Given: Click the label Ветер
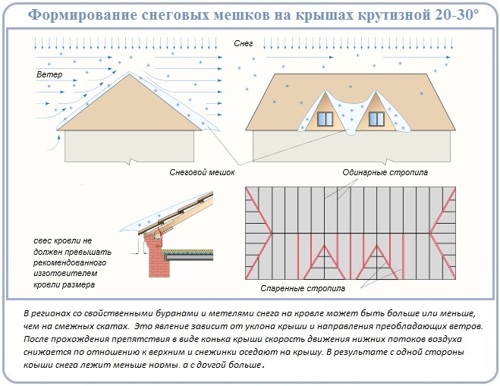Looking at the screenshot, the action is pyautogui.click(x=49, y=74).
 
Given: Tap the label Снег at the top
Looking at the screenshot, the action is pyautogui.click(x=244, y=43).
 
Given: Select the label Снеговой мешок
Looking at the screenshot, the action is pyautogui.click(x=202, y=172).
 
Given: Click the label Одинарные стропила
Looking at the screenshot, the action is pyautogui.click(x=385, y=172).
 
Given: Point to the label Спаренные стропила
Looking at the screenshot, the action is pyautogui.click(x=303, y=288).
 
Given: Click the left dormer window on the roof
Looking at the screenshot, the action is pyautogui.click(x=325, y=119).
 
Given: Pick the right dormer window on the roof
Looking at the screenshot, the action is pyautogui.click(x=376, y=119).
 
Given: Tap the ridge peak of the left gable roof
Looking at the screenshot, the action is pyautogui.click(x=129, y=73).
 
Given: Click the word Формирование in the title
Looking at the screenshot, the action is pyautogui.click(x=83, y=14).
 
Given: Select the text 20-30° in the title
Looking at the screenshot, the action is pyautogui.click(x=457, y=14).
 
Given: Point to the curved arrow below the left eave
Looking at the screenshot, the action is pyautogui.click(x=54, y=143).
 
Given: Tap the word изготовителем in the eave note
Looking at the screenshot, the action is pyautogui.click(x=65, y=274).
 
